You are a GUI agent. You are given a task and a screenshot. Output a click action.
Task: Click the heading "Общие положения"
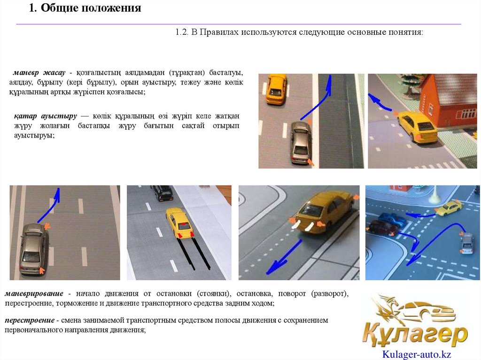(91, 8)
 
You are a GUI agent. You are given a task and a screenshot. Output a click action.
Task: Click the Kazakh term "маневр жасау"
(39, 73)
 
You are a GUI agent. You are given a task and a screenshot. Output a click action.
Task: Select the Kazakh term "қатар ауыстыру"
(46, 116)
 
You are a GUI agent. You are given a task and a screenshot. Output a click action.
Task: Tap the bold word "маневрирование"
(34, 293)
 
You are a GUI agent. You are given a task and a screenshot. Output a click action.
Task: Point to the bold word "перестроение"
(30, 320)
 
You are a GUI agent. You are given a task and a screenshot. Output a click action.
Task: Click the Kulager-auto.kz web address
(417, 354)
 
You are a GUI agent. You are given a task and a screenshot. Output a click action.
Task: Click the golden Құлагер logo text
(415, 334)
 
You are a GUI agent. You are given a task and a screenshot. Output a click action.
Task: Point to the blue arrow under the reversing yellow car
(284, 257)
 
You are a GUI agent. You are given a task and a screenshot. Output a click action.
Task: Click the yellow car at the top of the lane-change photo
(277, 89)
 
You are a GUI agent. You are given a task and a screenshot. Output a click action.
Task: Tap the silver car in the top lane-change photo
(300, 143)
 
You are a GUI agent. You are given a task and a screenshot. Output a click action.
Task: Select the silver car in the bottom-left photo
(33, 249)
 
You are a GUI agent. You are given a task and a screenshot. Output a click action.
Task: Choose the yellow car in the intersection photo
(449, 208)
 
